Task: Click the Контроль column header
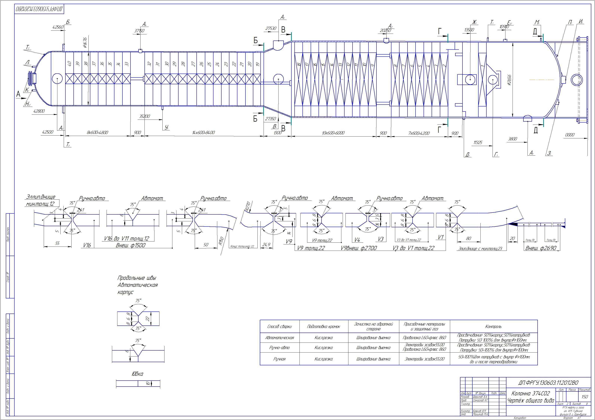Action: coord(493,326)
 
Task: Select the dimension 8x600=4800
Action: coord(97,133)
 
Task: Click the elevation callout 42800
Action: coord(39,111)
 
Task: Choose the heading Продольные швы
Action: coord(137,278)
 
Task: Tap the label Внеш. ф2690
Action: coord(541,248)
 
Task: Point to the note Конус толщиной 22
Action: coord(242,246)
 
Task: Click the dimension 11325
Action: coord(478,142)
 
